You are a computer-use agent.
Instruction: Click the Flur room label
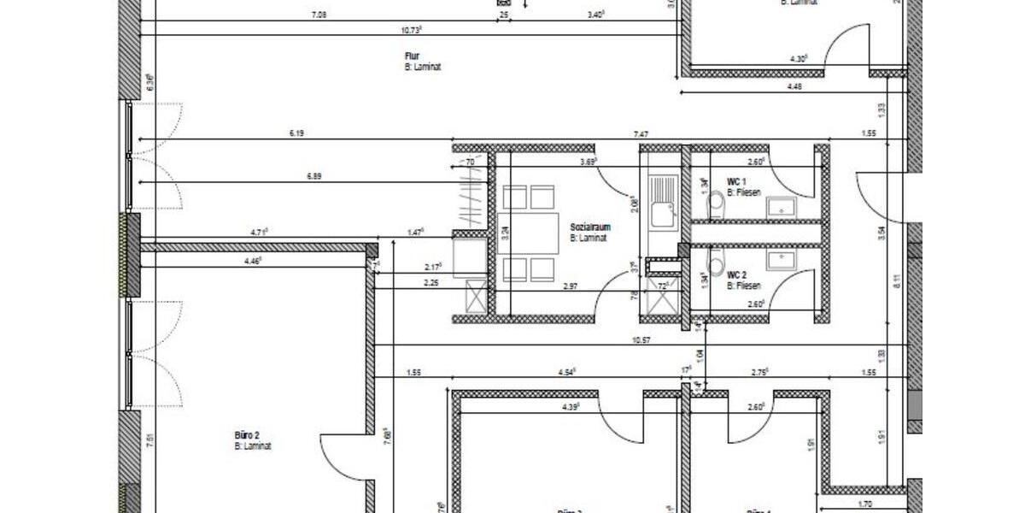(412, 56)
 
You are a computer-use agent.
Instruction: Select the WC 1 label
(737, 182)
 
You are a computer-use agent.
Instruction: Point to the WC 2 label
(737, 274)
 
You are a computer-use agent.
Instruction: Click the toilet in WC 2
(716, 257)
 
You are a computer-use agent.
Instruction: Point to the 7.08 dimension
(319, 15)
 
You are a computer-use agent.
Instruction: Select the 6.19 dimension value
(296, 133)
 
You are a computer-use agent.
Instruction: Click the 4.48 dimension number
(794, 85)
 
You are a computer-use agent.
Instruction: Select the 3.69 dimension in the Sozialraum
(588, 161)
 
